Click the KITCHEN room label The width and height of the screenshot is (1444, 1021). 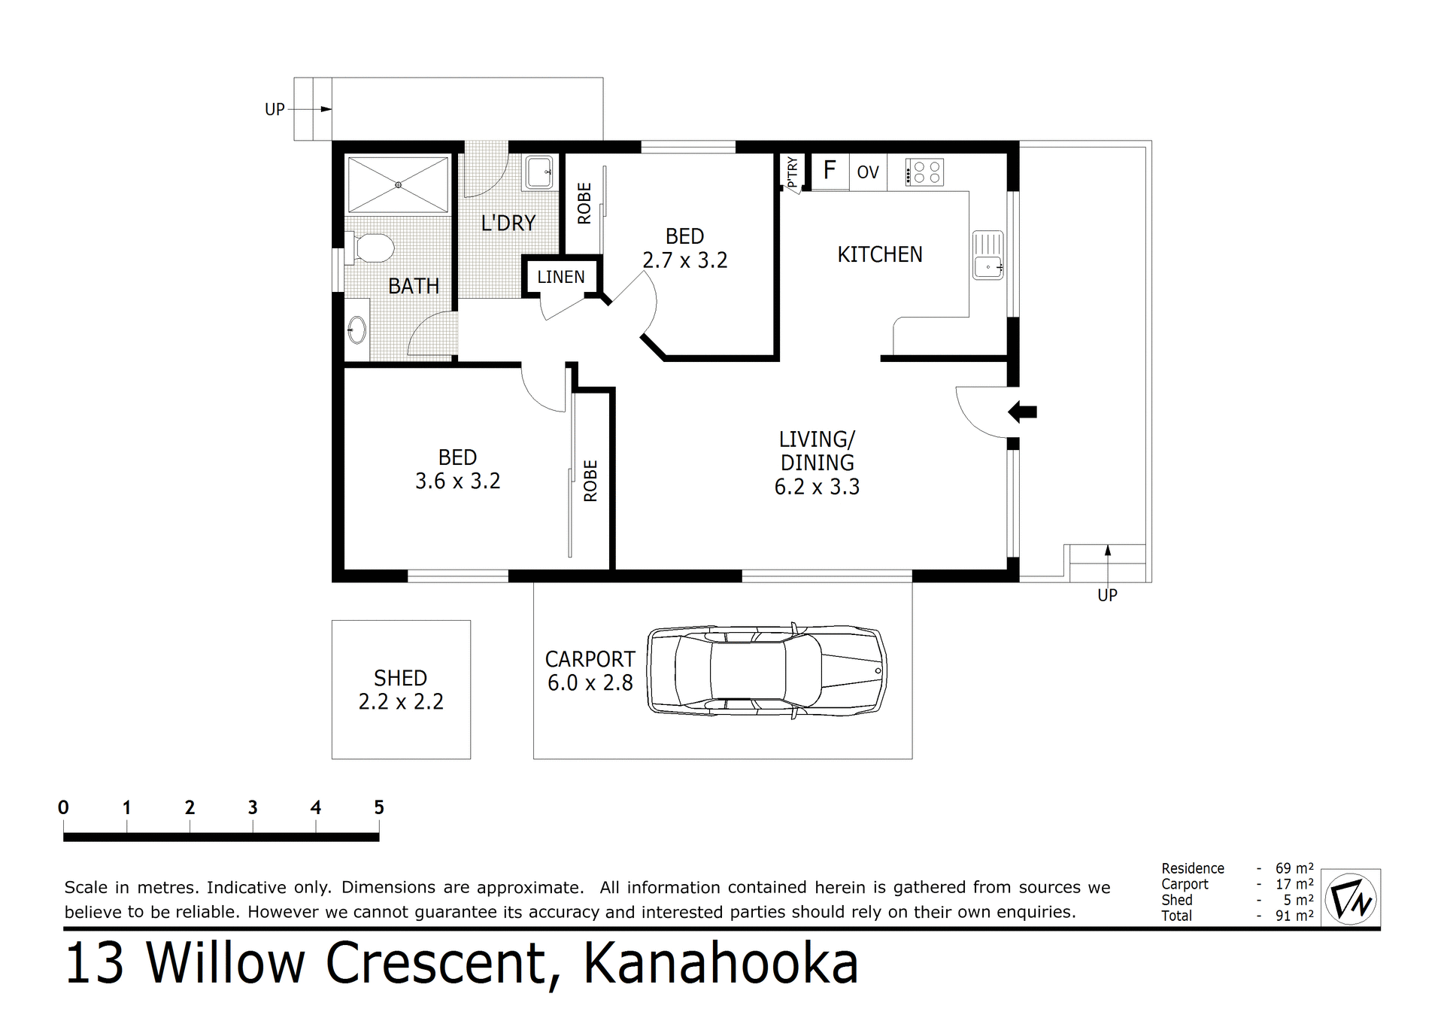(x=879, y=255)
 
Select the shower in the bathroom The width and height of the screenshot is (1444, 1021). (x=398, y=184)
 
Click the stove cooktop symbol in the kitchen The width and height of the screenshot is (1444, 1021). (x=924, y=172)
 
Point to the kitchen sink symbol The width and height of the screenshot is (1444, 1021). (x=987, y=256)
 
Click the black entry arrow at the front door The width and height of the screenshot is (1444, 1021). (x=1022, y=412)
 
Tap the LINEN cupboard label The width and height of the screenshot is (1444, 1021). (x=560, y=277)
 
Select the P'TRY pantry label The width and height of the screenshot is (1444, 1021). (x=792, y=172)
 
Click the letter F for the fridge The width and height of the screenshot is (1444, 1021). (x=830, y=170)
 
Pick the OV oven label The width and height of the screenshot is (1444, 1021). (x=867, y=172)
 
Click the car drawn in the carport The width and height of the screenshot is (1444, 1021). (x=766, y=669)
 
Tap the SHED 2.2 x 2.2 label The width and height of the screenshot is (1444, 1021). (x=401, y=689)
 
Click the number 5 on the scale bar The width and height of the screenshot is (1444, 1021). (x=379, y=807)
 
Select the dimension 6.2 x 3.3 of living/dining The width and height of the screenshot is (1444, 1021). (x=817, y=487)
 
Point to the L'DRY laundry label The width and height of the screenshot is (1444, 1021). (x=508, y=223)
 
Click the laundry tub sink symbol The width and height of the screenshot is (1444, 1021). (x=538, y=172)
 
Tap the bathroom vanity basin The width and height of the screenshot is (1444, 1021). (x=356, y=329)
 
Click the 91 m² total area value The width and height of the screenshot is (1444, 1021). (x=1294, y=916)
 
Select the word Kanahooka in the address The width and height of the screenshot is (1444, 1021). (x=720, y=964)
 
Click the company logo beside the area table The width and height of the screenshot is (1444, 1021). (x=1351, y=898)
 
